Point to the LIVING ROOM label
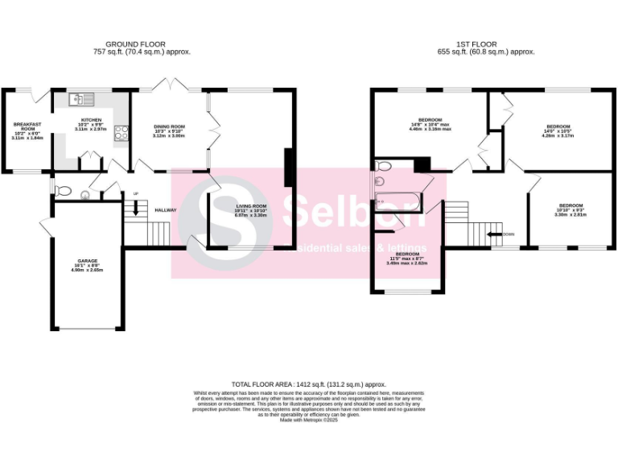pyautogui.click(x=251, y=211)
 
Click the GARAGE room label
pyautogui.click(x=89, y=265)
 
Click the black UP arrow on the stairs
pyautogui.click(x=135, y=206)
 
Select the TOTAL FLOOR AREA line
pyautogui.click(x=309, y=385)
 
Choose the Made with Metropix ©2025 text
pyautogui.click(x=309, y=420)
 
